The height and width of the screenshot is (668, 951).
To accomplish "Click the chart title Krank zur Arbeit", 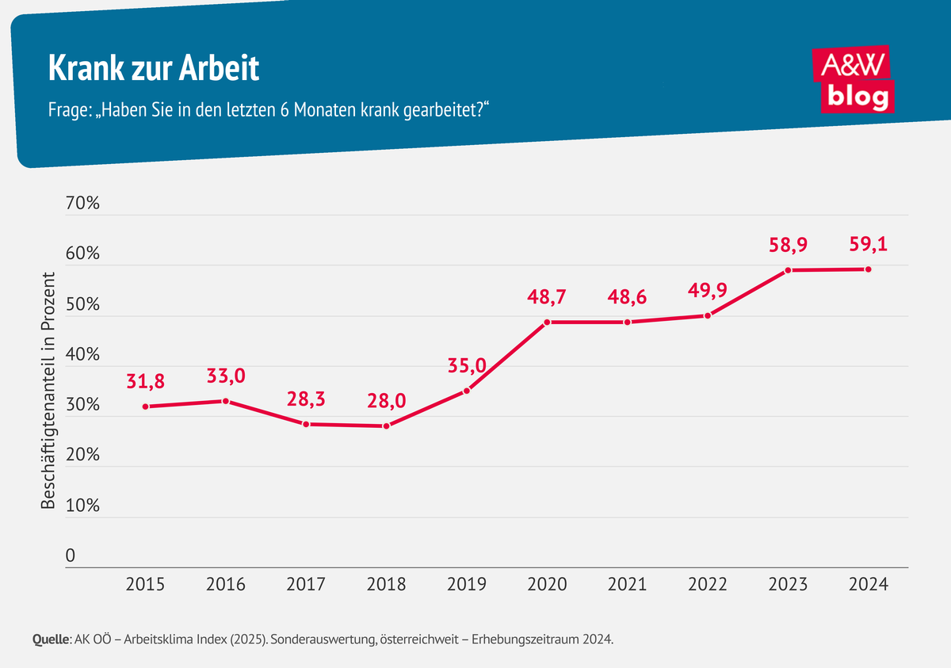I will (x=154, y=69).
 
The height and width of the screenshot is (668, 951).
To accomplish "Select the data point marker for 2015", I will (x=146, y=407).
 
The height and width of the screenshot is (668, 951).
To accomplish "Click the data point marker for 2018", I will (x=386, y=426).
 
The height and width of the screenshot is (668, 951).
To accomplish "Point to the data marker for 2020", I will (x=547, y=322).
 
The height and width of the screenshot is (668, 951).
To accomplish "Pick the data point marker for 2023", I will (x=788, y=270).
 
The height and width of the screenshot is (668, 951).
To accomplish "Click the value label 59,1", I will (x=868, y=245).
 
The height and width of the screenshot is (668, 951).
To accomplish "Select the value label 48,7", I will (x=547, y=298).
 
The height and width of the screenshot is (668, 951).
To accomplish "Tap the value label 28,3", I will (x=306, y=399).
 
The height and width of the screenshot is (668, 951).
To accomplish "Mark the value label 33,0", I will (x=226, y=376).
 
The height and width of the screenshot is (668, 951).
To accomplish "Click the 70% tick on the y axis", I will (x=82, y=204).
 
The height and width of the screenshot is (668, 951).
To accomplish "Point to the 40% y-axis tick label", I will (x=82, y=355).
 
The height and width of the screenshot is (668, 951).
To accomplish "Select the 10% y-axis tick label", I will (x=82, y=506).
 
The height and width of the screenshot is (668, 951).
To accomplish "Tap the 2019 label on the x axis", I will (x=467, y=585).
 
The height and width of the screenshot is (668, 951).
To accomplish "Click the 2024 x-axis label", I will (x=868, y=585).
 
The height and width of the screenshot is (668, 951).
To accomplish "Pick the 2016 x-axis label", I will (x=226, y=585).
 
